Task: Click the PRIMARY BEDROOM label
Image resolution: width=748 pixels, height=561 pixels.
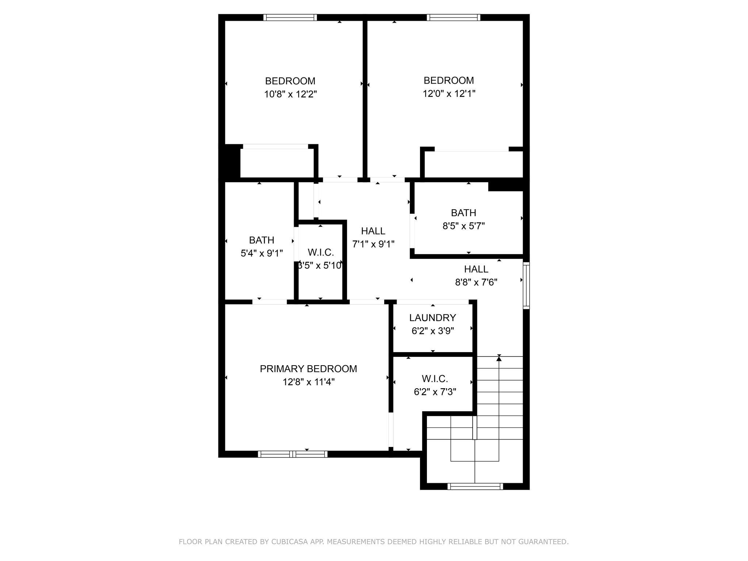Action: [308, 369]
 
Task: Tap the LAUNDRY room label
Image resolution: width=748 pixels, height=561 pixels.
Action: [432, 318]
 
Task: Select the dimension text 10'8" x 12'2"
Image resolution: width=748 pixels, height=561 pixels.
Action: [290, 94]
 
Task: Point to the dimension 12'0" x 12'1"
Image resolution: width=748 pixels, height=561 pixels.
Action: [449, 94]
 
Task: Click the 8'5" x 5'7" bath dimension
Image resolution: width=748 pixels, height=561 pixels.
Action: [463, 226]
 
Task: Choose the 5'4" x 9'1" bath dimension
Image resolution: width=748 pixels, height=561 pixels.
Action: [262, 253]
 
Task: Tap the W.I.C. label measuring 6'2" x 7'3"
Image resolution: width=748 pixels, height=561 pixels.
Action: [435, 379]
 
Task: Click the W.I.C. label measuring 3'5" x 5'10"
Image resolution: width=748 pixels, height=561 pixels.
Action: [321, 252]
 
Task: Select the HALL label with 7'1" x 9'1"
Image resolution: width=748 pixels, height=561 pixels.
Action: [373, 231]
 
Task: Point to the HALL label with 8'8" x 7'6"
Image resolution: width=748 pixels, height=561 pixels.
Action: [476, 269]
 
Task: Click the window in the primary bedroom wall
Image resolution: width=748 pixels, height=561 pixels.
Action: [293, 454]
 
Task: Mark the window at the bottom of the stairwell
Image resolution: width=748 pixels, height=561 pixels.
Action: [475, 486]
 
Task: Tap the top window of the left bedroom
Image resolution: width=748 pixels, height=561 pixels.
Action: [290, 18]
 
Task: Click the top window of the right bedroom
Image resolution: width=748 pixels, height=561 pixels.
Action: [453, 18]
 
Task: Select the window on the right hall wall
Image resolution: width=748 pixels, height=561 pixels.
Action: [526, 285]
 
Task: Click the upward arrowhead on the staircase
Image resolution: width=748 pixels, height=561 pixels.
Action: [499, 359]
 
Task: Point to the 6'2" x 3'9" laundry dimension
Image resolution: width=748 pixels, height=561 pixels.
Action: [432, 331]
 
